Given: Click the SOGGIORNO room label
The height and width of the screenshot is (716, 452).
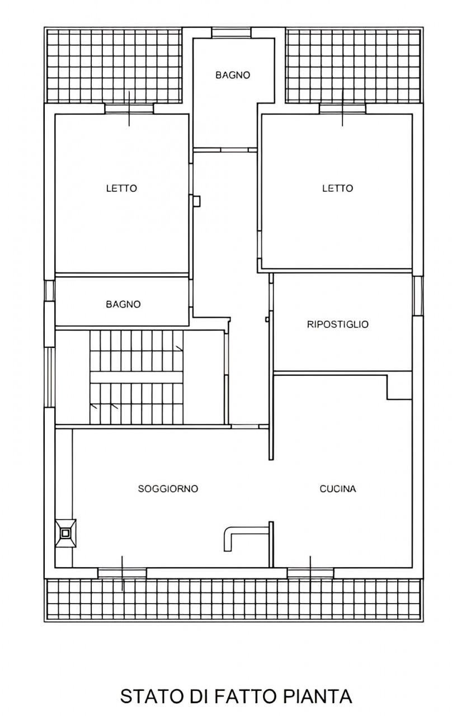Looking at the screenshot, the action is pyautogui.click(x=168, y=489).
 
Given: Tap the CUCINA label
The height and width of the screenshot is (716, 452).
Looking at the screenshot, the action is pyautogui.click(x=338, y=489).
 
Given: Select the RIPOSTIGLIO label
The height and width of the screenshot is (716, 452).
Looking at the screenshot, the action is pyautogui.click(x=337, y=324).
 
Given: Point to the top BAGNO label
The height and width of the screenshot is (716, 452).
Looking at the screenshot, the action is pyautogui.click(x=233, y=75).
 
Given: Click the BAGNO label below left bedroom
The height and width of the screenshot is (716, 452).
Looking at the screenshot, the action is pyautogui.click(x=123, y=304).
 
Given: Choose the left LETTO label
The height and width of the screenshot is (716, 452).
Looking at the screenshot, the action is pyautogui.click(x=121, y=189).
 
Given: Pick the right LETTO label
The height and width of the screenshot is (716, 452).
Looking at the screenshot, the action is pyautogui.click(x=337, y=189).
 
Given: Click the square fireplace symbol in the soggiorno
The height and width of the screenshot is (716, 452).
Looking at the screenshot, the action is pyautogui.click(x=65, y=533).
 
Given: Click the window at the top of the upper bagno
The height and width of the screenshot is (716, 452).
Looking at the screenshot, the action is pyautogui.click(x=231, y=33).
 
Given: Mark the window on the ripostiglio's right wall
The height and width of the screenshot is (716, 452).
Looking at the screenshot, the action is pyautogui.click(x=417, y=296).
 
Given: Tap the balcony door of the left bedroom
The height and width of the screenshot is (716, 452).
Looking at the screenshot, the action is pyautogui.click(x=129, y=109).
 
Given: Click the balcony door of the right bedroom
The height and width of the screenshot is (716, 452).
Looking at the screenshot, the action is pyautogui.click(x=342, y=109).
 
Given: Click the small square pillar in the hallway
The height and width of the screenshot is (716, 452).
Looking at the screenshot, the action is pyautogui.click(x=196, y=201).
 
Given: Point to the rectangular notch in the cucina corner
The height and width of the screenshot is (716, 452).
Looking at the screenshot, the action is pyautogui.click(x=399, y=387).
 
